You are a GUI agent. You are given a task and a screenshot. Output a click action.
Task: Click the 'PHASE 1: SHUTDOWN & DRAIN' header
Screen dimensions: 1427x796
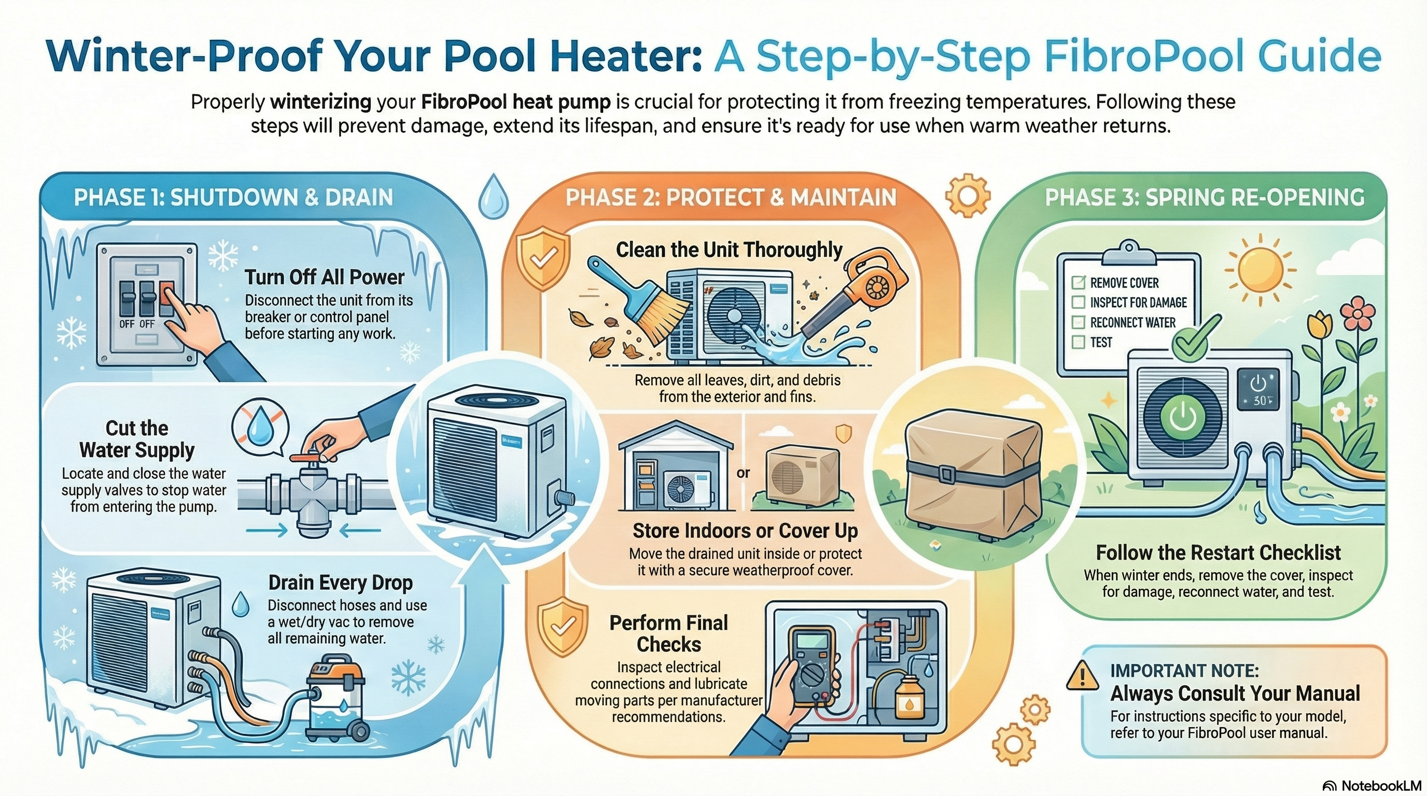(x=233, y=197)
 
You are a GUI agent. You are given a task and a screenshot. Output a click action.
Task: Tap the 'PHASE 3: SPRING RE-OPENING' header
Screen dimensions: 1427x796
(x=1205, y=197)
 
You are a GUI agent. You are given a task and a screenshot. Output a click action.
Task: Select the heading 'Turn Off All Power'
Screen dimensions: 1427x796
(x=325, y=277)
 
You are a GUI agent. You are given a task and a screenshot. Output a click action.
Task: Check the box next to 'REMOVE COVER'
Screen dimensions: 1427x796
(x=1079, y=282)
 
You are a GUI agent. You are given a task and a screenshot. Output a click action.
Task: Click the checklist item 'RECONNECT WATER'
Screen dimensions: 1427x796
(x=1132, y=323)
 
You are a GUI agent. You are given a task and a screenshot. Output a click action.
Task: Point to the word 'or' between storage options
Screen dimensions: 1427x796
(x=743, y=473)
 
